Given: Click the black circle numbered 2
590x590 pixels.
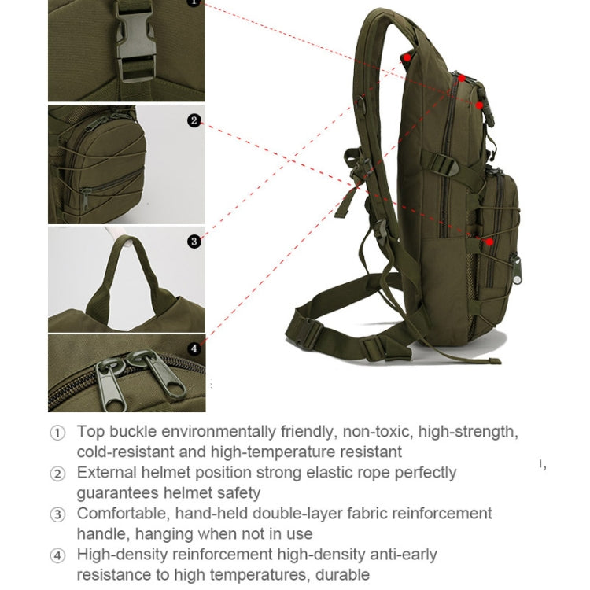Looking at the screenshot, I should (194, 121).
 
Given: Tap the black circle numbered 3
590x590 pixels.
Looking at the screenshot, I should (194, 242).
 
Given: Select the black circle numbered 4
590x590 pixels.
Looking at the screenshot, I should (194, 348).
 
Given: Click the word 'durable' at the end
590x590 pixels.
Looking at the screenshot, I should (341, 574).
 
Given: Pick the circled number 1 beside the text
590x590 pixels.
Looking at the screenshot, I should (57, 433).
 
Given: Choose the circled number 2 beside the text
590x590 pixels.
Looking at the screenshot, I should (57, 474).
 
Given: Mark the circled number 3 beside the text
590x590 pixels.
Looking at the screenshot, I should (57, 514).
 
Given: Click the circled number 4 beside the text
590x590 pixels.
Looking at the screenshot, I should (57, 555).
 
